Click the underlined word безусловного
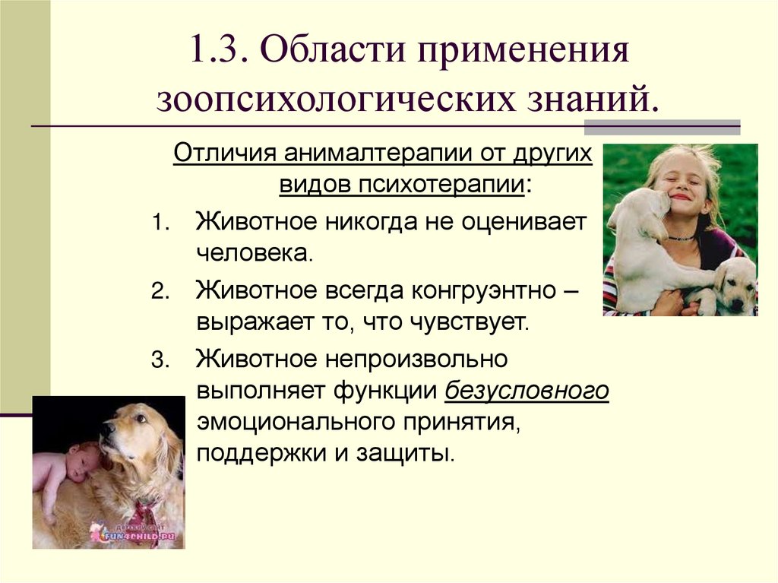[527, 389]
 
